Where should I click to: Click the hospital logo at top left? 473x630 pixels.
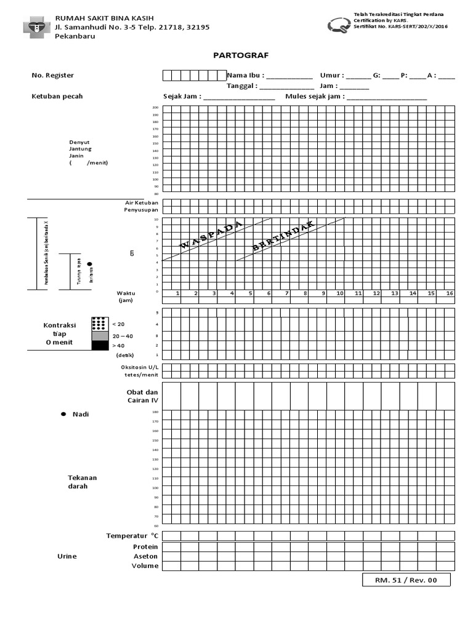37,27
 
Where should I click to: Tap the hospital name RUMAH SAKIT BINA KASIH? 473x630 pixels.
104,18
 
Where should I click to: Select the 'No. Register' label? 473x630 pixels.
53,75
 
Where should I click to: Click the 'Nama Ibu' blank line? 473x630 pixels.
289,77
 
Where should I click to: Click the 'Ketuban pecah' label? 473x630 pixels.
57,96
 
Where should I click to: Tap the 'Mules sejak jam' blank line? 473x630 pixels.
387,98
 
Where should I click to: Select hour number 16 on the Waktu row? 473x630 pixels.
450,293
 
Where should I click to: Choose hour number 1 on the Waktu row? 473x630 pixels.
177,293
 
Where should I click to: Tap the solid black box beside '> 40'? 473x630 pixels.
99,346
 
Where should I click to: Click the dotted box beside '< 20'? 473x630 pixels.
99,324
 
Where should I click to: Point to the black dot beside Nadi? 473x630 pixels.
63,415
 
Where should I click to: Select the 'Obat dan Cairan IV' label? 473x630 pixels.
142,396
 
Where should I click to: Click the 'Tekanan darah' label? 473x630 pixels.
82,482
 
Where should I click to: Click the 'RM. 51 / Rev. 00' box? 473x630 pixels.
406,580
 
